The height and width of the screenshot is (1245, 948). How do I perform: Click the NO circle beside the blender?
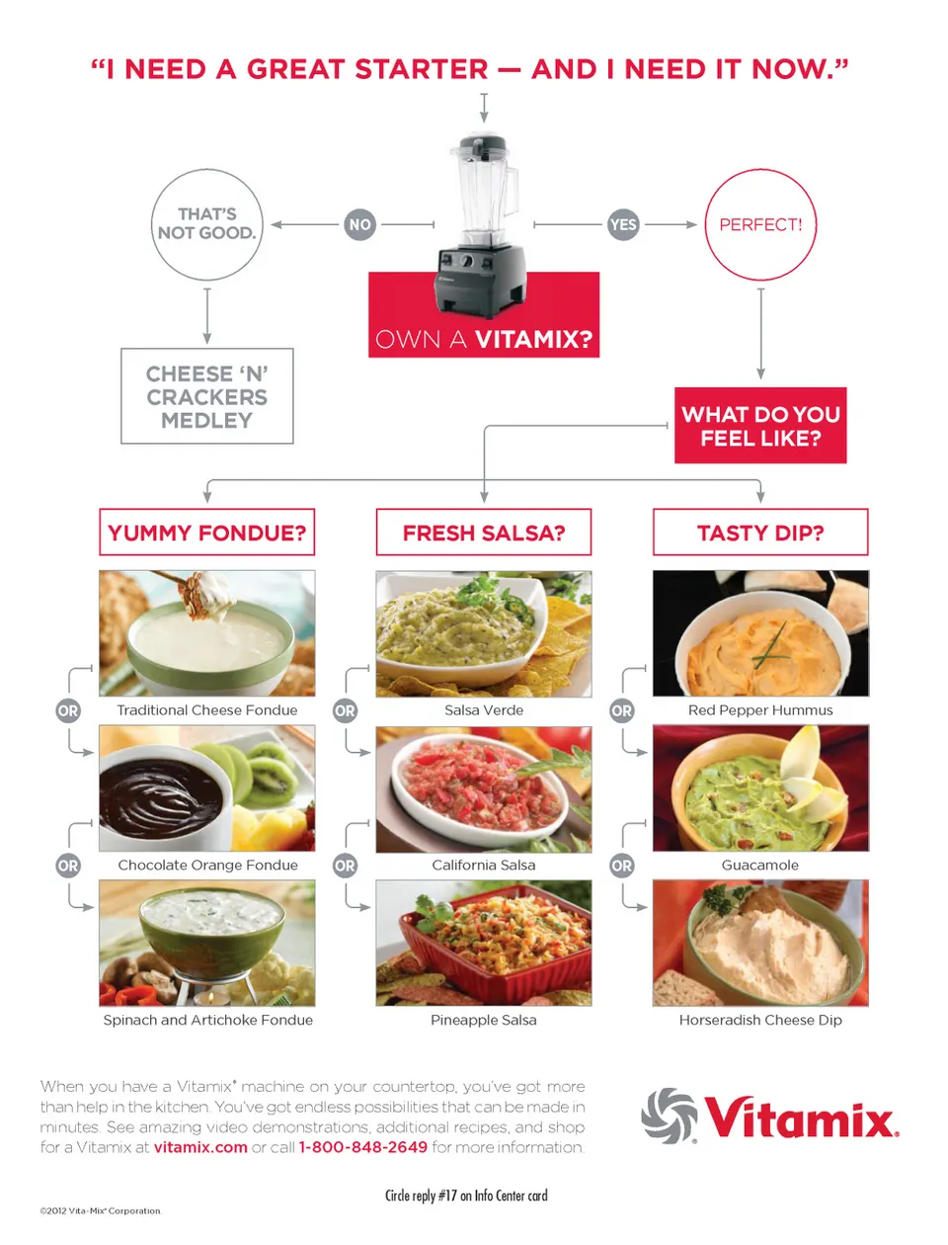(x=359, y=224)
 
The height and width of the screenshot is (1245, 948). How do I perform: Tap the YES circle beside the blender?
(x=623, y=224)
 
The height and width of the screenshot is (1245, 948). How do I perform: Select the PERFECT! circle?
(x=760, y=224)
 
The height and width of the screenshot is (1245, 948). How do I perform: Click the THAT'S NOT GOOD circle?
(x=206, y=224)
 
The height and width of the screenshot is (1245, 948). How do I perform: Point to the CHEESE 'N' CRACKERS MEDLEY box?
(x=206, y=396)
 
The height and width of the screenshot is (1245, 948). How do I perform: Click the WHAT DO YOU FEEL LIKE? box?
(x=760, y=426)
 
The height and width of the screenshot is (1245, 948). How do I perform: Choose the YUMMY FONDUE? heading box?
(x=206, y=532)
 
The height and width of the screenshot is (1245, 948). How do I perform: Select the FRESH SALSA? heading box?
(x=484, y=532)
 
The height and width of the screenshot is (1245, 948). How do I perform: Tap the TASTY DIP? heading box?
(x=760, y=532)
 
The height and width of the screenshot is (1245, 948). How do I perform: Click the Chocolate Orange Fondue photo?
(x=206, y=788)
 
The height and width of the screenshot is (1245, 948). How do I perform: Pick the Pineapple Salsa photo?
(x=484, y=944)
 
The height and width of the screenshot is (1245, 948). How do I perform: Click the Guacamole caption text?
(x=759, y=865)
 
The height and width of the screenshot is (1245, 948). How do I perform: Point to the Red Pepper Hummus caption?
(x=760, y=710)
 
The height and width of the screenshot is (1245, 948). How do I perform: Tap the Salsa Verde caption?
(x=484, y=710)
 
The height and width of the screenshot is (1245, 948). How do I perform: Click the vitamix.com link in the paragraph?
(x=200, y=1147)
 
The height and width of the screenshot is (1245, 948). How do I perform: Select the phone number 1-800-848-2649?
(x=363, y=1147)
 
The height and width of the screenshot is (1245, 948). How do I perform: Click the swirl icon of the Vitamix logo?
(x=669, y=1116)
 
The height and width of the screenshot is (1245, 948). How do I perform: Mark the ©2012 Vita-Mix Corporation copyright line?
(x=101, y=1211)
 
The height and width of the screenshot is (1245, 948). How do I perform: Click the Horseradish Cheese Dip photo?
(x=760, y=944)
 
